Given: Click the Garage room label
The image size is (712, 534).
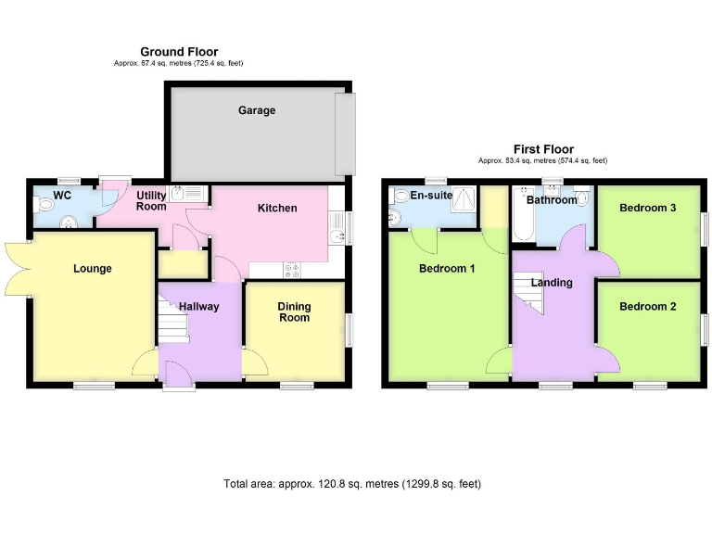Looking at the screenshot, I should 257,110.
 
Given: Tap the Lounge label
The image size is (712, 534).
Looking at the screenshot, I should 93,269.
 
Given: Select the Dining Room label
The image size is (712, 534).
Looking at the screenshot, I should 294,312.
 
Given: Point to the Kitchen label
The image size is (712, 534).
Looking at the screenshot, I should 277,208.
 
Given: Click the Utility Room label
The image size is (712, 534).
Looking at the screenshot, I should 151,200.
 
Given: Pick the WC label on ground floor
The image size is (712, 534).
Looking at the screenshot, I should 62,196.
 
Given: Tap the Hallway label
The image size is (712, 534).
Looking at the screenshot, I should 198,307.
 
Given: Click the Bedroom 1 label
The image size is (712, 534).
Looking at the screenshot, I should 447,269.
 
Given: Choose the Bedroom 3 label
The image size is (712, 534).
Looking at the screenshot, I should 647,208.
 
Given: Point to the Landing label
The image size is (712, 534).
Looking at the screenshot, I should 552,283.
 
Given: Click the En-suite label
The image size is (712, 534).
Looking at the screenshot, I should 430,196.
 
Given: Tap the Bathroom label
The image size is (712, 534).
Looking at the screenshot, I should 553,199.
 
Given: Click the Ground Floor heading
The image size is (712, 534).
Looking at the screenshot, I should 179,52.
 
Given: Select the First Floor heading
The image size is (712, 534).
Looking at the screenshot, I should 543,149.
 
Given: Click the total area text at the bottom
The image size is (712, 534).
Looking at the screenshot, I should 352,484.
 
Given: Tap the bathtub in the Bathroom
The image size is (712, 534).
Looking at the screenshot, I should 523,218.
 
